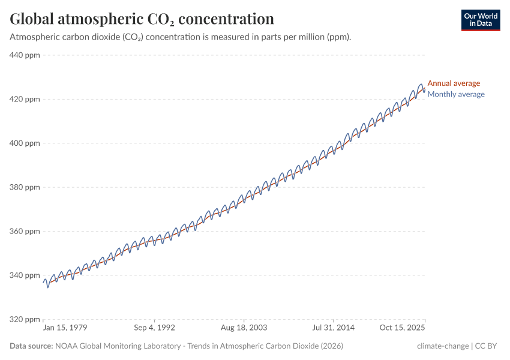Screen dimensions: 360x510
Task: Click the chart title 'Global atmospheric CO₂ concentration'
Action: (142, 19)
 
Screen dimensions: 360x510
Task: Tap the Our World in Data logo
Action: (480, 20)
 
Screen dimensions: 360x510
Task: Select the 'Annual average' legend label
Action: (454, 83)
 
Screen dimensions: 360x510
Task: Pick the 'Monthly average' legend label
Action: (455, 94)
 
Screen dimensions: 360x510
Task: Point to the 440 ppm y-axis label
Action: (25, 55)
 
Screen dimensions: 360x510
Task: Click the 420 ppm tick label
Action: (25, 99)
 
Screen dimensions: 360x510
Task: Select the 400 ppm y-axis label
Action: (25, 143)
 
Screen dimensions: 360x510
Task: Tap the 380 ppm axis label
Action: (25, 187)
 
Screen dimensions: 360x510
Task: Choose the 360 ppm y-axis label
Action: (25, 231)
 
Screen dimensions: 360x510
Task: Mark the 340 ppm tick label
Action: (25, 275)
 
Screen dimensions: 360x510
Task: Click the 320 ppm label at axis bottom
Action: (25, 319)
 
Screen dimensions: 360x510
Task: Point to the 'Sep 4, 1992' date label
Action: (155, 328)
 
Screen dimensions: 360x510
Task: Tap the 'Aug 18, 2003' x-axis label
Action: (244, 328)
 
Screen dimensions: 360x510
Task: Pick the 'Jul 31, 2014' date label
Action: (333, 328)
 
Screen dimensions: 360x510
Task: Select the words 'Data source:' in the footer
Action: (31, 346)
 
